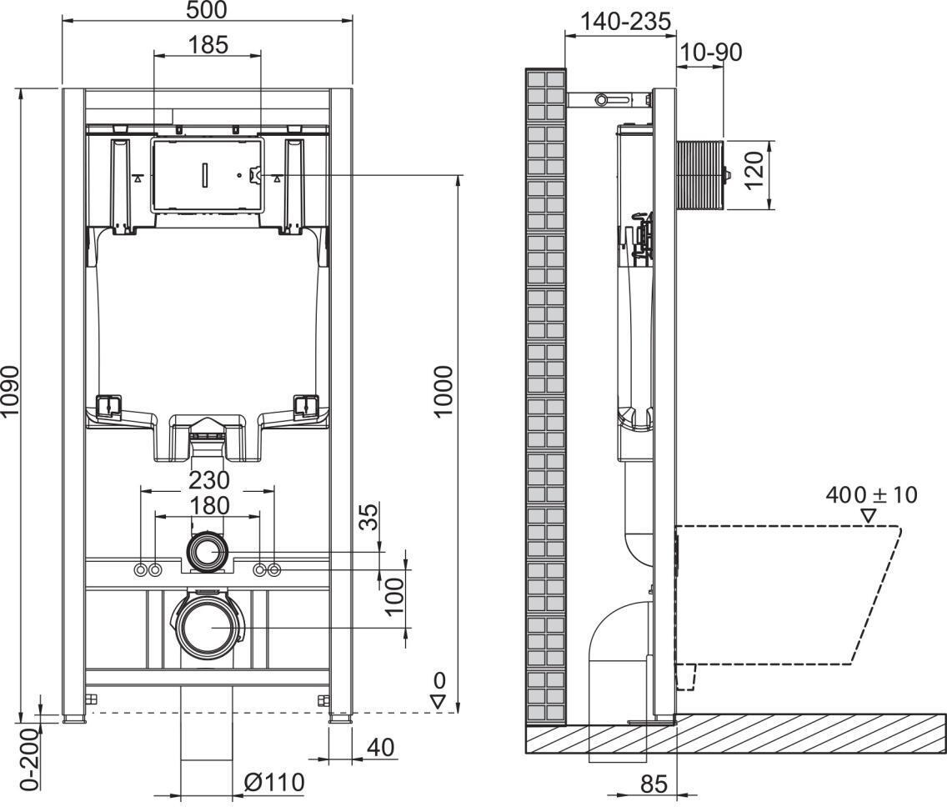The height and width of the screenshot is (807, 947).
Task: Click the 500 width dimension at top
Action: point(207,9)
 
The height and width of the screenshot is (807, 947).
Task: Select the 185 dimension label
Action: point(208,44)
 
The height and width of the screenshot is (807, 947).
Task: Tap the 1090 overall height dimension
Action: point(10,402)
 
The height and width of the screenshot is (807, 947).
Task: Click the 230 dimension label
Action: point(208,480)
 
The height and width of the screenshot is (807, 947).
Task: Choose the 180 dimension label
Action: point(208,505)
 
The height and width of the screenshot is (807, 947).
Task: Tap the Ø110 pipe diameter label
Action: point(273,782)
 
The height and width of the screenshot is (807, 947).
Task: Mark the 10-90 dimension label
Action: point(710,52)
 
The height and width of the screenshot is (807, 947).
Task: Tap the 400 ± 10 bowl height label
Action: point(871,494)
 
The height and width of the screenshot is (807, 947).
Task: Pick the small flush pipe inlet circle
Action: point(207,553)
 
